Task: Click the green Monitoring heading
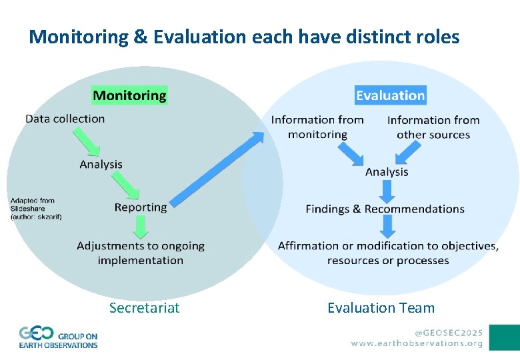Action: click(129, 95)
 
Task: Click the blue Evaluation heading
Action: click(390, 95)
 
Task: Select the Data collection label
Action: click(65, 119)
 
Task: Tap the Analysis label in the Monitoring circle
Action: click(101, 164)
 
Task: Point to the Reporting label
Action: click(141, 207)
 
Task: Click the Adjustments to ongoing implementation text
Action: click(141, 253)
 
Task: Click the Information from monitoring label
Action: click(317, 127)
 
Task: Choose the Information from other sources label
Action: click(433, 127)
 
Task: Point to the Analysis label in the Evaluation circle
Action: click(387, 172)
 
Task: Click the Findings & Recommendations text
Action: click(385, 209)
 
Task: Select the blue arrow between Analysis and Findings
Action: click(387, 191)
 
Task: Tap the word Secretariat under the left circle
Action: click(145, 307)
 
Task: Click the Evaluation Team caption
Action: click(381, 307)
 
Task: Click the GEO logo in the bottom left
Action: click(58, 337)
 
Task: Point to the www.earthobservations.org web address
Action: click(417, 343)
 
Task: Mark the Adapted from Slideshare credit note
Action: click(35, 209)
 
